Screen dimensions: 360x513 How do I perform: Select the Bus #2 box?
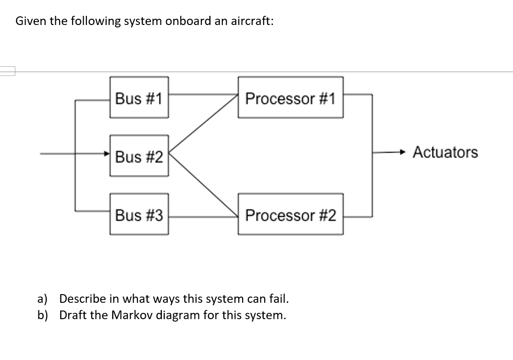[139, 156]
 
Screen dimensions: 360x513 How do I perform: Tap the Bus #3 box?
[139, 215]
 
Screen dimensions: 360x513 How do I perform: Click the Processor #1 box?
[290, 98]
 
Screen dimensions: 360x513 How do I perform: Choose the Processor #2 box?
[290, 215]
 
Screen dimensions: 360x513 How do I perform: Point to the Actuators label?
[445, 152]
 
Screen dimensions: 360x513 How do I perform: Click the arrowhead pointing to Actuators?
[405, 153]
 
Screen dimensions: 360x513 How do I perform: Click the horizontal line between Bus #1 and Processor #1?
[203, 94]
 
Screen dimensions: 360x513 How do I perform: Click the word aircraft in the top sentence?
[252, 22]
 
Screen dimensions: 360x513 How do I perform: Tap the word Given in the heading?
[29, 22]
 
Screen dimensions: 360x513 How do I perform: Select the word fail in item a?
[279, 298]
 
